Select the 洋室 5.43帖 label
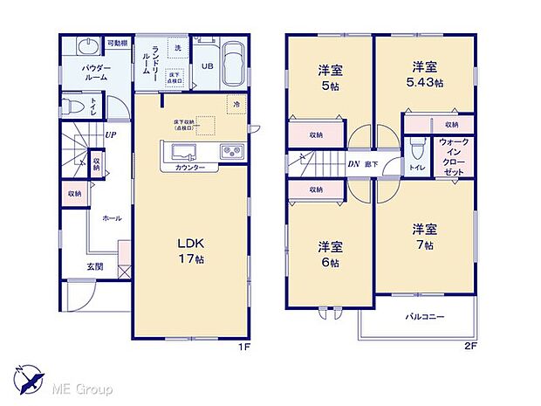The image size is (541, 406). (x=423, y=74)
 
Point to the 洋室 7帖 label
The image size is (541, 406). (x=426, y=236)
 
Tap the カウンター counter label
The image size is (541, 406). (x=188, y=167)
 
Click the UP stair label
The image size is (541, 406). (x=111, y=134)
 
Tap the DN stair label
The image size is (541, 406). (x=355, y=163)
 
